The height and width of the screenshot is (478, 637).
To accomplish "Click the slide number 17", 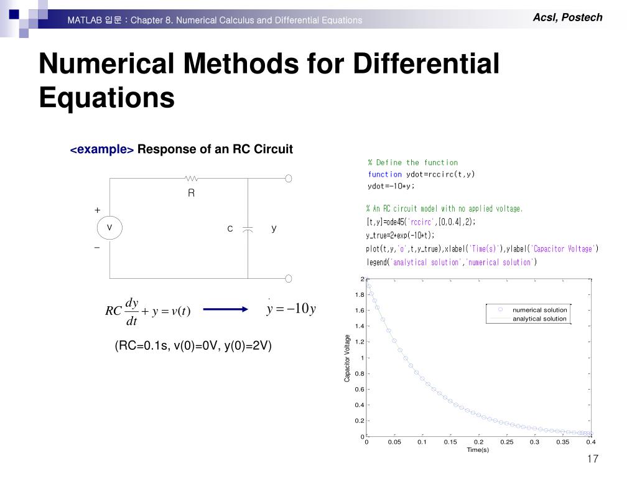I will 592,459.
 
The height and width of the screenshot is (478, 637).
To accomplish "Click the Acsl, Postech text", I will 567,17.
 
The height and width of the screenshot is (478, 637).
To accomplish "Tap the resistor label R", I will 192,194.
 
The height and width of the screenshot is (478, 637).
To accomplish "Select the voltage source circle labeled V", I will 109,228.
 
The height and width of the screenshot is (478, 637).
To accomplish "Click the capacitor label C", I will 230,229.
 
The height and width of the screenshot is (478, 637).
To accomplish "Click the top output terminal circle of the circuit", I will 289,179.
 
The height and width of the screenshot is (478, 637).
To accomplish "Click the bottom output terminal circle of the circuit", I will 289,278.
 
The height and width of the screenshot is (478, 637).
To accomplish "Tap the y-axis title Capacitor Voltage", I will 347,358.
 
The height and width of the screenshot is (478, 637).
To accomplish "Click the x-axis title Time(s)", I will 478,450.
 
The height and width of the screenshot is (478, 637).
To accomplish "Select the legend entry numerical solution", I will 539,310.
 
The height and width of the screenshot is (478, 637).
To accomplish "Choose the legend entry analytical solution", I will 539,319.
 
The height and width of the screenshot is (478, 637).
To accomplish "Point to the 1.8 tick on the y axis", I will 359,294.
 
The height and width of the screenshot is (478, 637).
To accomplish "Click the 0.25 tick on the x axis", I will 506,442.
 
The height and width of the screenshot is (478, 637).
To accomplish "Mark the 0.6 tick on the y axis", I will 359,390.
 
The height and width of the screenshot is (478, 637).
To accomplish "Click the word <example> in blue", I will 102,150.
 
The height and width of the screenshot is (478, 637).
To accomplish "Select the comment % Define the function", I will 412,162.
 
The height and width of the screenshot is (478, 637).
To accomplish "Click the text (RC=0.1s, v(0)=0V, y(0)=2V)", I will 193,346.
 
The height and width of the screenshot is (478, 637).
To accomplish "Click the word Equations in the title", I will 106,97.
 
